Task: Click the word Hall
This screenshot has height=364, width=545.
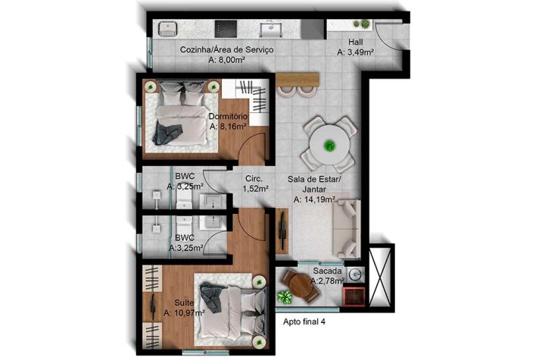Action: pyautogui.click(x=356, y=42)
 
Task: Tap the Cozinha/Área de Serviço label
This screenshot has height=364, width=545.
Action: pyautogui.click(x=226, y=49)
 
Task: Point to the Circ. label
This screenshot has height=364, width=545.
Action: pyautogui.click(x=253, y=180)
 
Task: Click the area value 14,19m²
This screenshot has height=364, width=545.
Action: pyautogui.click(x=318, y=200)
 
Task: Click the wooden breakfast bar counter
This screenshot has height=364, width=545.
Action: pyautogui.click(x=298, y=78)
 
